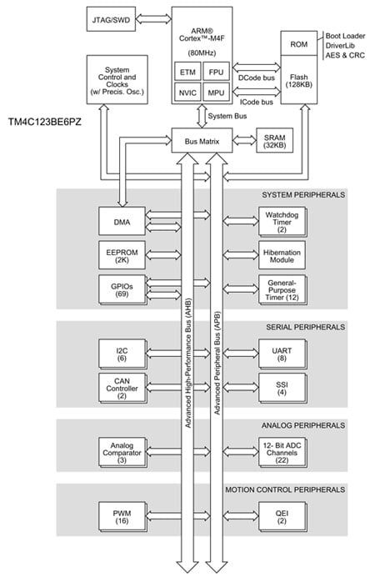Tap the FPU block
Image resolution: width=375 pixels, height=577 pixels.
point(215,72)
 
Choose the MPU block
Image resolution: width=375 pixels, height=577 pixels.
point(215,93)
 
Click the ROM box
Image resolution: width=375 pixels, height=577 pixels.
point(299,44)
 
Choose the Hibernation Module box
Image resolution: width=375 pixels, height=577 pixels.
point(282,254)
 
